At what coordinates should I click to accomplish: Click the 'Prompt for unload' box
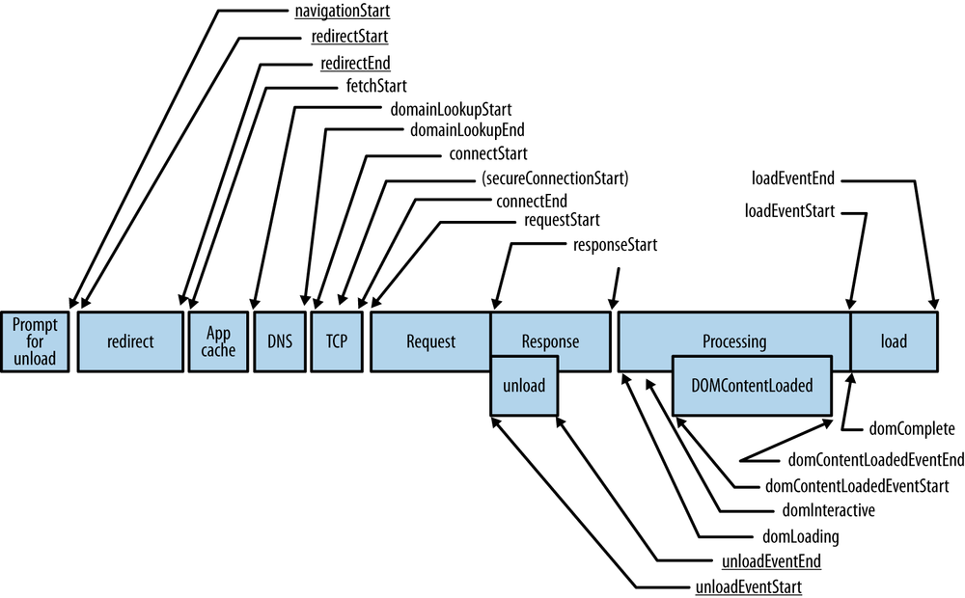[x=35, y=341]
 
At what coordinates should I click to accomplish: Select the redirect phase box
[x=130, y=341]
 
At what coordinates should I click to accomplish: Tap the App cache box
[x=218, y=341]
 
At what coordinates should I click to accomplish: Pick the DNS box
[x=279, y=341]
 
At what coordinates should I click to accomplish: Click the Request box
[x=430, y=341]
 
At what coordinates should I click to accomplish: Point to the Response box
[x=550, y=341]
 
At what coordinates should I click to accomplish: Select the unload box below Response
[x=523, y=385]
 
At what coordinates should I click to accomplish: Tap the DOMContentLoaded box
[x=753, y=385]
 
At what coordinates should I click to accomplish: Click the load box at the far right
[x=894, y=341]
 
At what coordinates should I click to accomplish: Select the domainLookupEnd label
[x=468, y=130]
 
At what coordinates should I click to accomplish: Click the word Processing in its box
[x=733, y=341]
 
